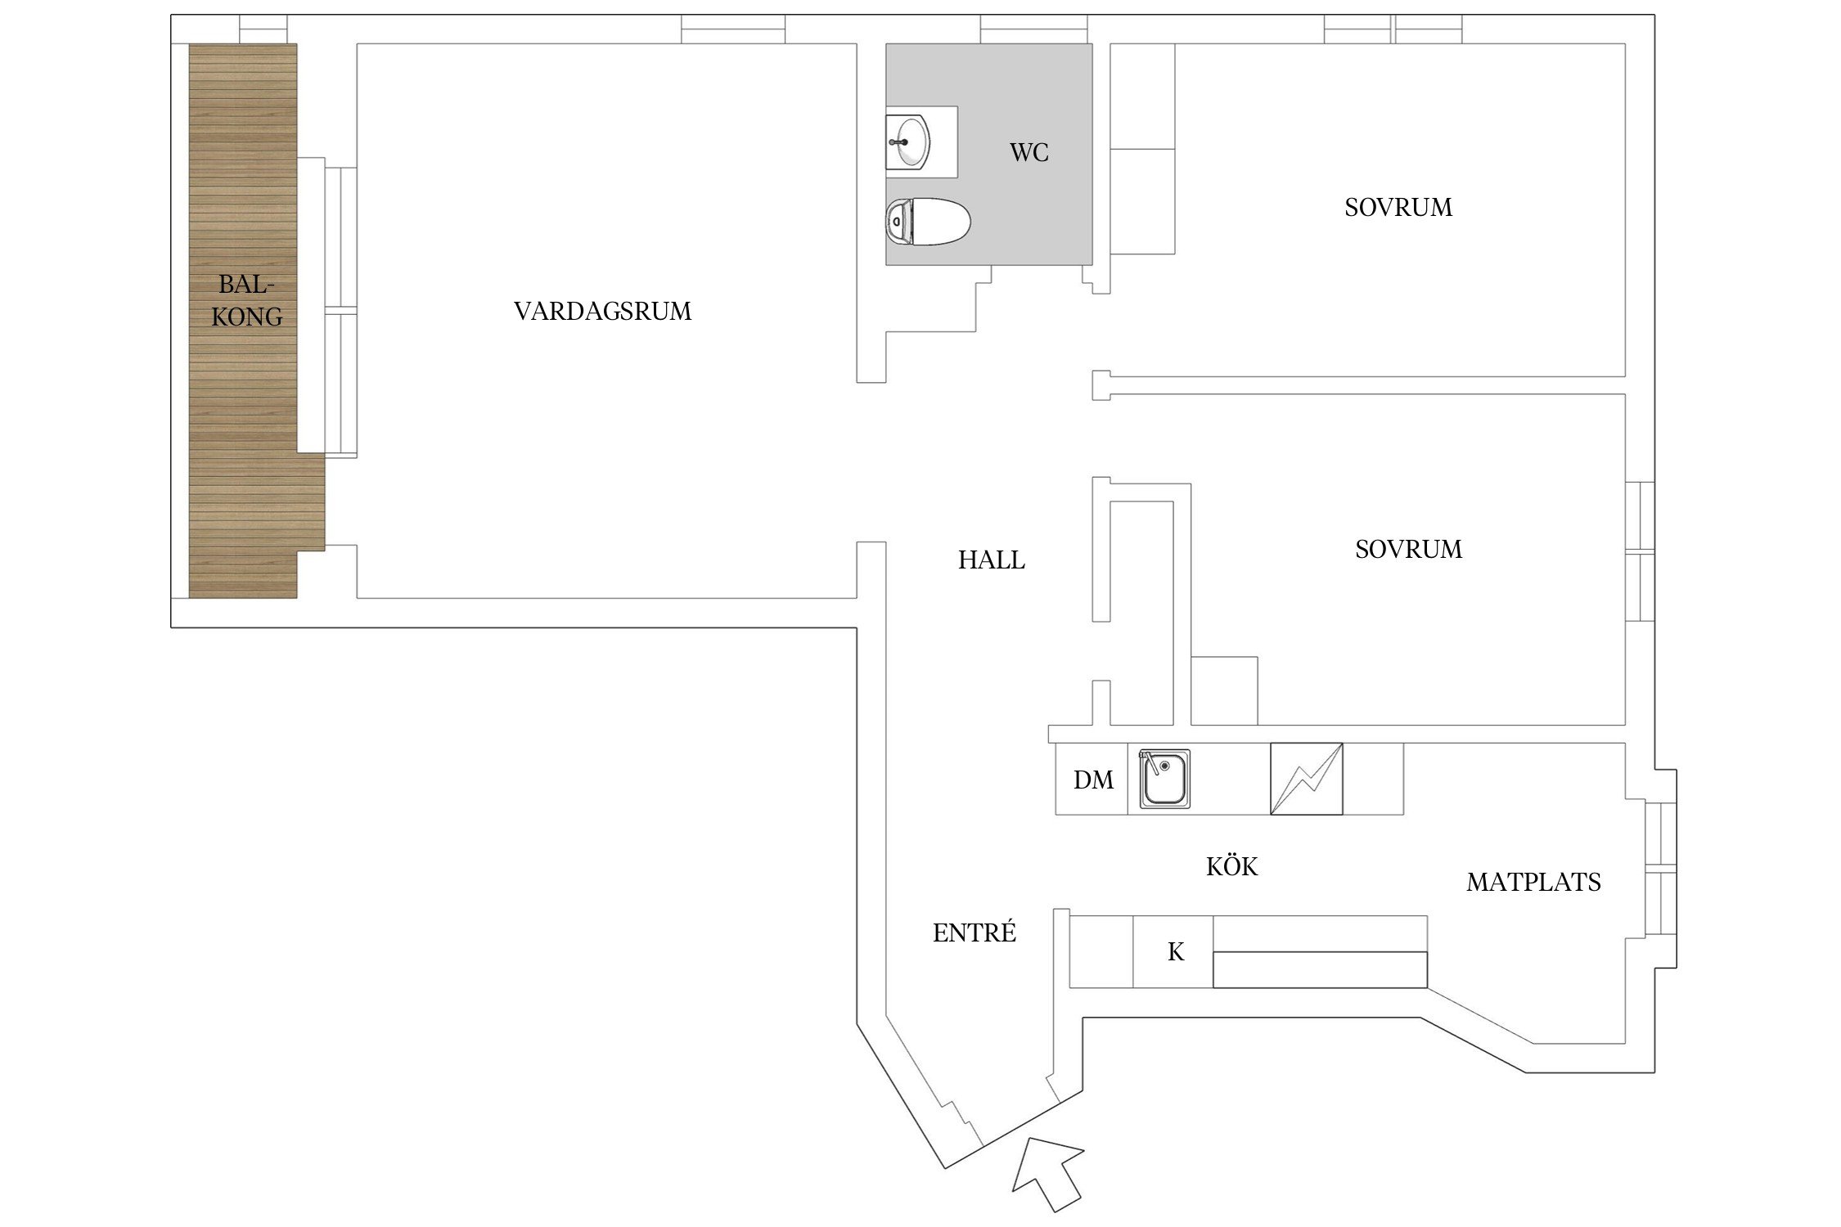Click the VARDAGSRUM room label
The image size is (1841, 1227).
602,311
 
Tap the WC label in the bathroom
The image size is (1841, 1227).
1029,153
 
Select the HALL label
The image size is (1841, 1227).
991,560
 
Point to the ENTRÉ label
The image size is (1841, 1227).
974,933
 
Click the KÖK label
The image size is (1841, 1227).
1231,866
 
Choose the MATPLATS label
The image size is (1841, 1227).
1533,882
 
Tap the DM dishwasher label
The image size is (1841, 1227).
1093,780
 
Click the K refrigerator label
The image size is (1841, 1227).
1175,952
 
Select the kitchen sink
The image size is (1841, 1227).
1164,779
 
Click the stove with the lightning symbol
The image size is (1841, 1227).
1306,779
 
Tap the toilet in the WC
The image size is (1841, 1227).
928,222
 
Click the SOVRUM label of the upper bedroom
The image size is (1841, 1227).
1398,208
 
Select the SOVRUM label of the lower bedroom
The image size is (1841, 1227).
1408,549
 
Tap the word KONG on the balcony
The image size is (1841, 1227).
246,317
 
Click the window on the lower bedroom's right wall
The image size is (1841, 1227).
1640,551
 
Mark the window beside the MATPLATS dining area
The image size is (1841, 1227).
1661,869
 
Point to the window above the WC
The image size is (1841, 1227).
1034,29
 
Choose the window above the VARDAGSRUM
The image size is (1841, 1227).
732,29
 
